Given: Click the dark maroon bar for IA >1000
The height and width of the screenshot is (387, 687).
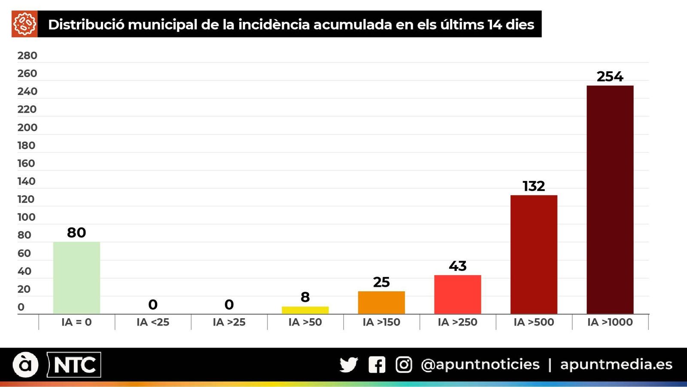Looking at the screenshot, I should coord(610,200).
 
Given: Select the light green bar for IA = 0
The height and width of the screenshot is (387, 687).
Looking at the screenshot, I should coord(76,278).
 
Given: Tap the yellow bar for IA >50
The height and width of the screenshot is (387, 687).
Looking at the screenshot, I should coord(305,310).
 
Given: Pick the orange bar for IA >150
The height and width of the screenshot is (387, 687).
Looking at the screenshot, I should coord(381,303).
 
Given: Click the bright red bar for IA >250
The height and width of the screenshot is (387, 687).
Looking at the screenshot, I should coord(457,295).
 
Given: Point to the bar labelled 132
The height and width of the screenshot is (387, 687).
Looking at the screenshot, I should coord(534,255).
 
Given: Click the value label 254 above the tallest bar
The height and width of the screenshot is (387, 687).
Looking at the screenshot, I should coord(610,77).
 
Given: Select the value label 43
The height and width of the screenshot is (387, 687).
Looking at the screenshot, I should coord(457,266).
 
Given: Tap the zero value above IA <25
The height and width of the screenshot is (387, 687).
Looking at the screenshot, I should coord(153,304).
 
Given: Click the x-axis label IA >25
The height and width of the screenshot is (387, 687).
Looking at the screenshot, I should coord(229,322).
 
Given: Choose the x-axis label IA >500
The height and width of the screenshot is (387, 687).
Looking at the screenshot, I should coord(534,322).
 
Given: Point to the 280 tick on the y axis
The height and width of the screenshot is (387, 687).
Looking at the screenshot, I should coord(27,55).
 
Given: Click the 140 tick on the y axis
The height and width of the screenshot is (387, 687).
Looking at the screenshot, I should coord(26,181).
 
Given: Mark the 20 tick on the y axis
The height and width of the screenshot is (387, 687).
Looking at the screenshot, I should coord(24,289).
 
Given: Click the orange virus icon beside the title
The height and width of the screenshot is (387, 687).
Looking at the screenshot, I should coord(24,24).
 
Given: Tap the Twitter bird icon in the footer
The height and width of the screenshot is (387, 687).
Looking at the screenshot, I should coord(348,365).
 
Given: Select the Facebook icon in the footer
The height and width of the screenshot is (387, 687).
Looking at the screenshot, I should coord(377,365).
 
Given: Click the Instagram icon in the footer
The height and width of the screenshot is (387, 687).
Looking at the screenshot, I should coord(404,365).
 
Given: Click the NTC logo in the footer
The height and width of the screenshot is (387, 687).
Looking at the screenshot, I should coord(74,365).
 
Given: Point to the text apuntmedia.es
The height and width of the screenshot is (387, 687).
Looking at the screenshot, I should coord(616,365).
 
